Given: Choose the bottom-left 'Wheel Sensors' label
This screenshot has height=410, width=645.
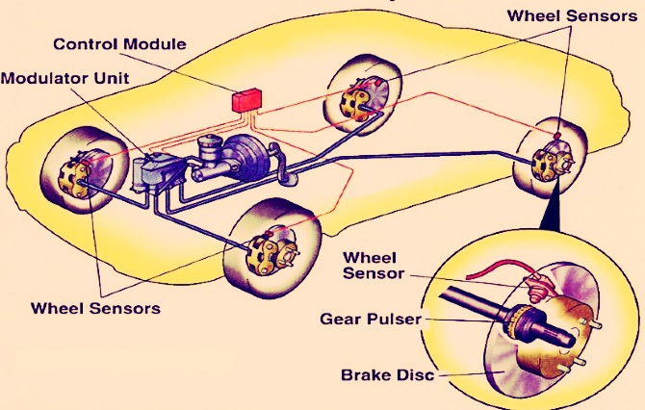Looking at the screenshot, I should (x=95, y=308).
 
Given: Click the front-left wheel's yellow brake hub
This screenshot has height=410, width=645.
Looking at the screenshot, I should (x=72, y=175).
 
